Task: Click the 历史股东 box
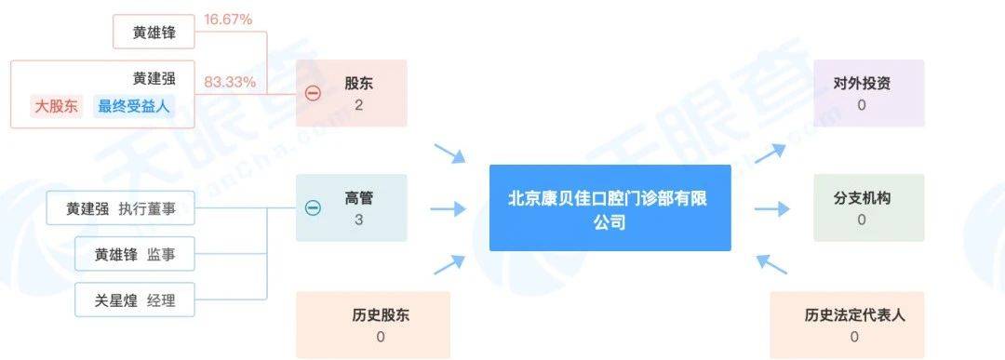pyautogui.click(x=372, y=325)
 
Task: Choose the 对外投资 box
pyautogui.click(x=868, y=93)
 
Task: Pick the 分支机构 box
pyautogui.click(x=868, y=208)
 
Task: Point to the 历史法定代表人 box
pyautogui.click(x=854, y=325)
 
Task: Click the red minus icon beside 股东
pyautogui.click(x=314, y=93)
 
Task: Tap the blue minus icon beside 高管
pyautogui.click(x=314, y=208)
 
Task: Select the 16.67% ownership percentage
pyautogui.click(x=227, y=18)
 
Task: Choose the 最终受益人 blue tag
pyautogui.click(x=134, y=107)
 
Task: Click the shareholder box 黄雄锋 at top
pyautogui.click(x=154, y=33)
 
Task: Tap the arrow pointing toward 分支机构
pyautogui.click(x=770, y=208)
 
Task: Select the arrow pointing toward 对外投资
pyautogui.click(x=770, y=153)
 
